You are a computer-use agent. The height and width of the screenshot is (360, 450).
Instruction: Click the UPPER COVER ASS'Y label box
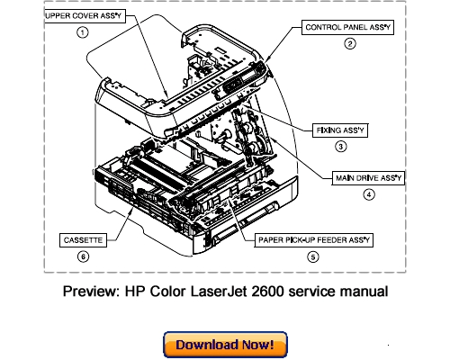pos(85,16)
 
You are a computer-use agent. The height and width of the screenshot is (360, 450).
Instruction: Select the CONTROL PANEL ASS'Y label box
pos(347,27)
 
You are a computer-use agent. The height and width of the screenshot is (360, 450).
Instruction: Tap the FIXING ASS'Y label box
pos(340,130)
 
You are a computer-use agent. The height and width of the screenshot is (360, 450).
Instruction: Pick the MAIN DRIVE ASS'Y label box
pos(368,178)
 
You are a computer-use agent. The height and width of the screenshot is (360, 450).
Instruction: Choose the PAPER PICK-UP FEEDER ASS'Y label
pos(314,240)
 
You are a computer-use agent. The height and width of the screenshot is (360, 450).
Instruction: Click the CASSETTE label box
pos(83,240)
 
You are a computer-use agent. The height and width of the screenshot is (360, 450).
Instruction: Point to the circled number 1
pos(83,32)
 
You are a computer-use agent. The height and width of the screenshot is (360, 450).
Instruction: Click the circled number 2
pos(350,44)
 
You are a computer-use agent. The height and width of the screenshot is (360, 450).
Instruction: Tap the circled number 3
pos(340,147)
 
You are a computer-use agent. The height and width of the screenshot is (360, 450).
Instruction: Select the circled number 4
pos(369,194)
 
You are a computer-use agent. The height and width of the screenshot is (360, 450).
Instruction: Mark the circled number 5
pos(313,257)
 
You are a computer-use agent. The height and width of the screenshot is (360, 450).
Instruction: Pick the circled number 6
pos(83,256)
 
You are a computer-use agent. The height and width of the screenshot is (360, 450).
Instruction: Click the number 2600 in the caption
pos(267,292)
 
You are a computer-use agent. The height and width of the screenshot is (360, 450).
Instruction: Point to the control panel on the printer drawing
pos(243,78)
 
